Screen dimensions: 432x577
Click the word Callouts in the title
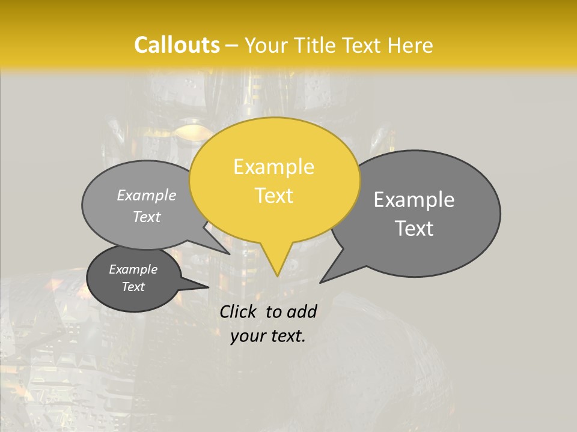177,45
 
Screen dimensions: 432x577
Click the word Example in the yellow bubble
273,167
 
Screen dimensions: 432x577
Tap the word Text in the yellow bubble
273,196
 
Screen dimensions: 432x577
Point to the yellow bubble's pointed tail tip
277,275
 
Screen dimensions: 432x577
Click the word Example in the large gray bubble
414,200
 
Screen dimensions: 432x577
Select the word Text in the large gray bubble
414,229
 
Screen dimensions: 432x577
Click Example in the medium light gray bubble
147,196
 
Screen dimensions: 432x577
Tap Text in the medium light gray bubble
147,217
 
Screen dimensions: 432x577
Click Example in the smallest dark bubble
133,269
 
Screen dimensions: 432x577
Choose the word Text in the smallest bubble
133,287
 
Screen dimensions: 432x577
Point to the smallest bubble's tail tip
208,287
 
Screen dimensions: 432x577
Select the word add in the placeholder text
301,311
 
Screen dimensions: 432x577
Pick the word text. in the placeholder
286,336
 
